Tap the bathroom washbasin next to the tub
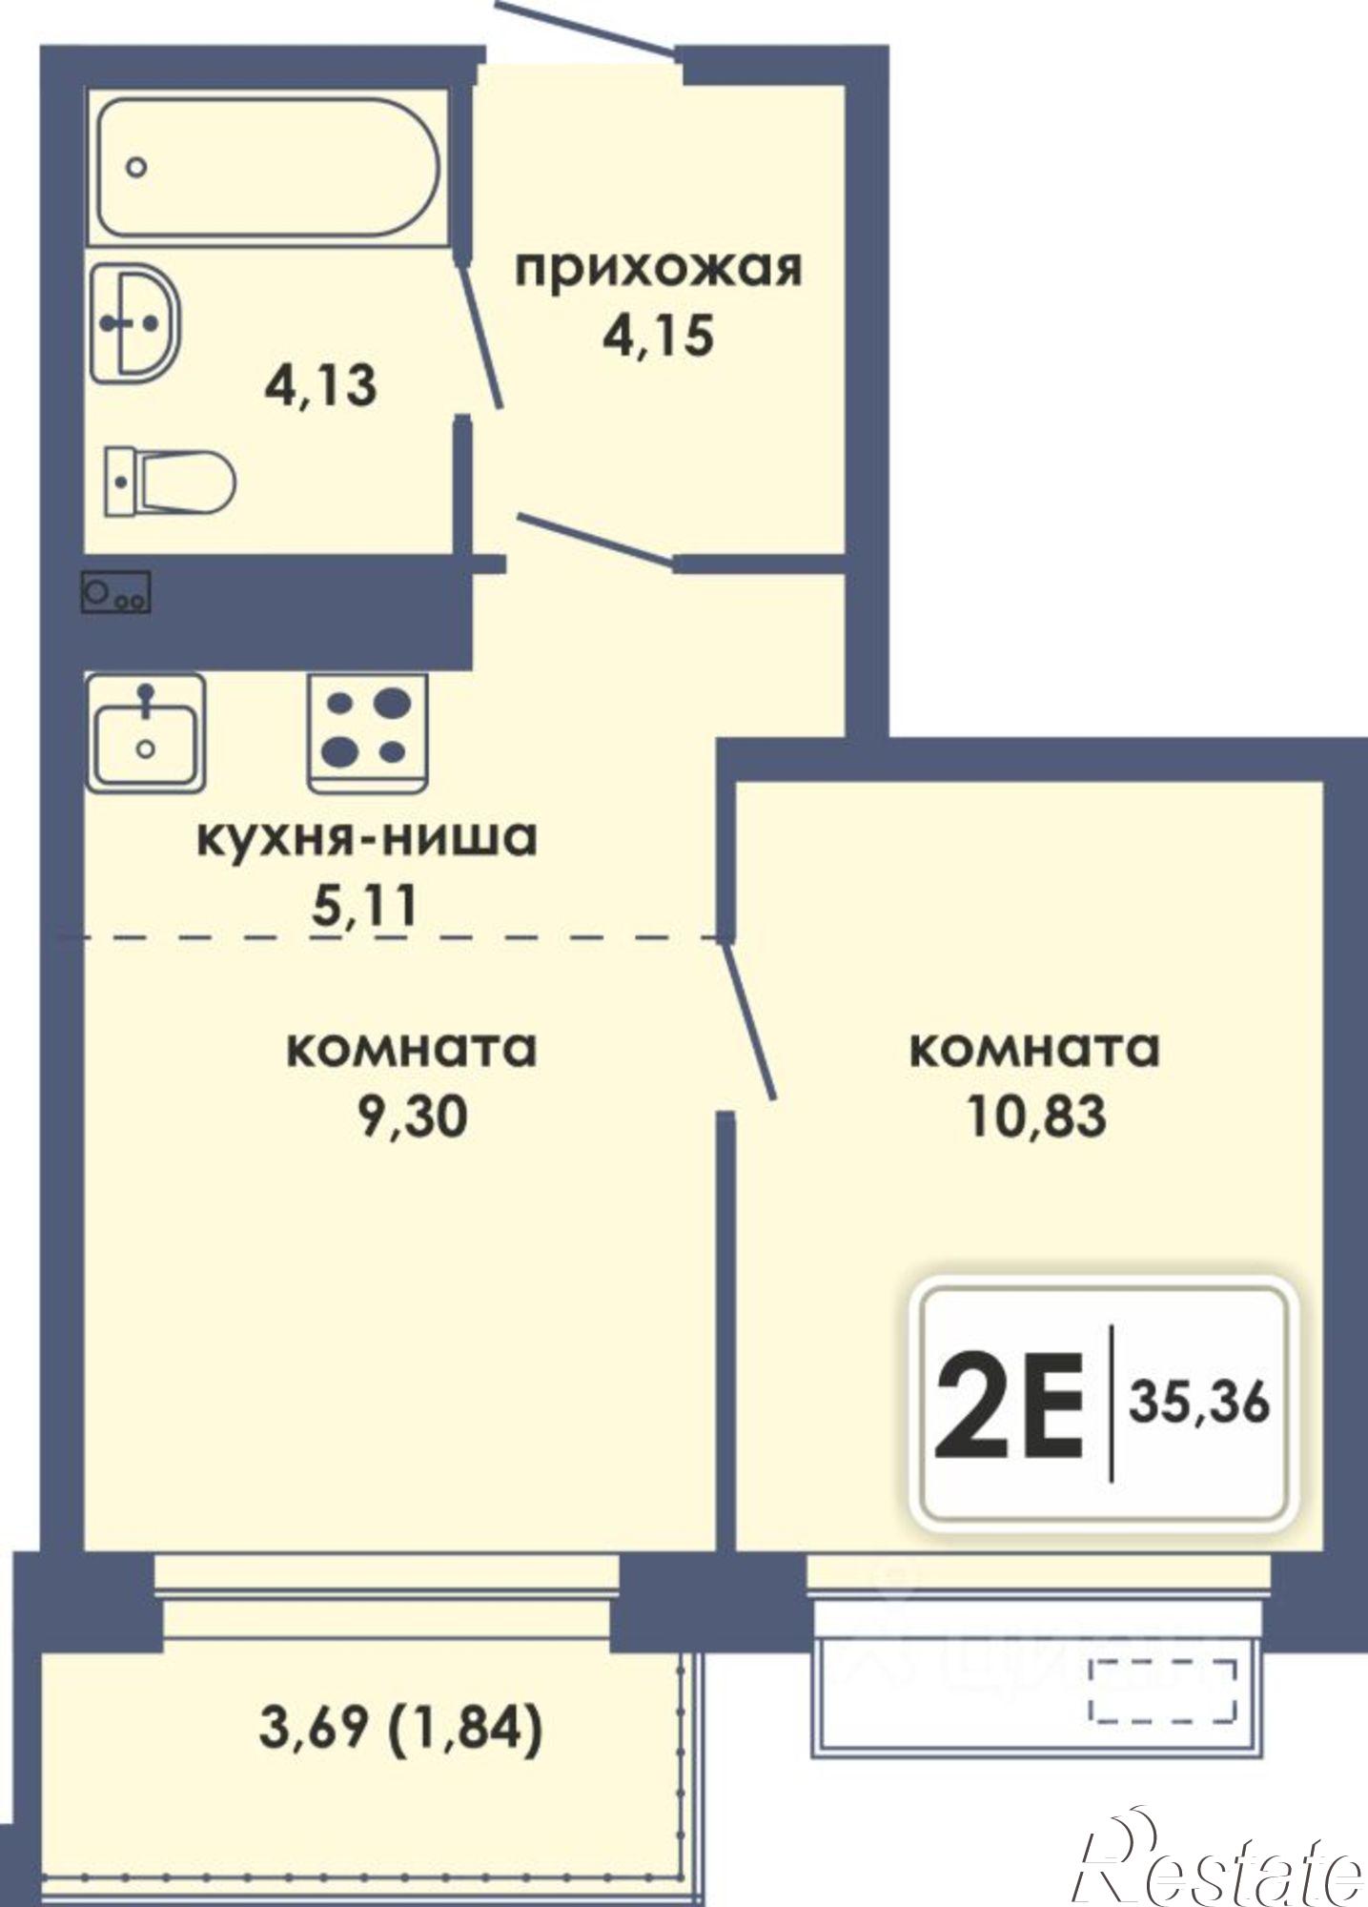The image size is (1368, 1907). click(x=136, y=323)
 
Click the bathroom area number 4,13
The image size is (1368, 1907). click(x=320, y=386)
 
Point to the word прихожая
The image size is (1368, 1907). click(x=659, y=270)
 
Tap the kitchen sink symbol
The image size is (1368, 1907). click(x=145, y=732)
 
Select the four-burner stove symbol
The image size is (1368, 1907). click(x=367, y=732)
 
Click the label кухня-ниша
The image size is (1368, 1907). click(x=367, y=839)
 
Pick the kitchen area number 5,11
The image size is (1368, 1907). click(x=365, y=906)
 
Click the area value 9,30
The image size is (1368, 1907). click(x=412, y=1116)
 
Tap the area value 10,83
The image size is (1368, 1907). click(x=1036, y=1116)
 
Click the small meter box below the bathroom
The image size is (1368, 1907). click(x=115, y=593)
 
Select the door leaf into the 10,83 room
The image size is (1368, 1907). click(x=750, y=1020)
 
